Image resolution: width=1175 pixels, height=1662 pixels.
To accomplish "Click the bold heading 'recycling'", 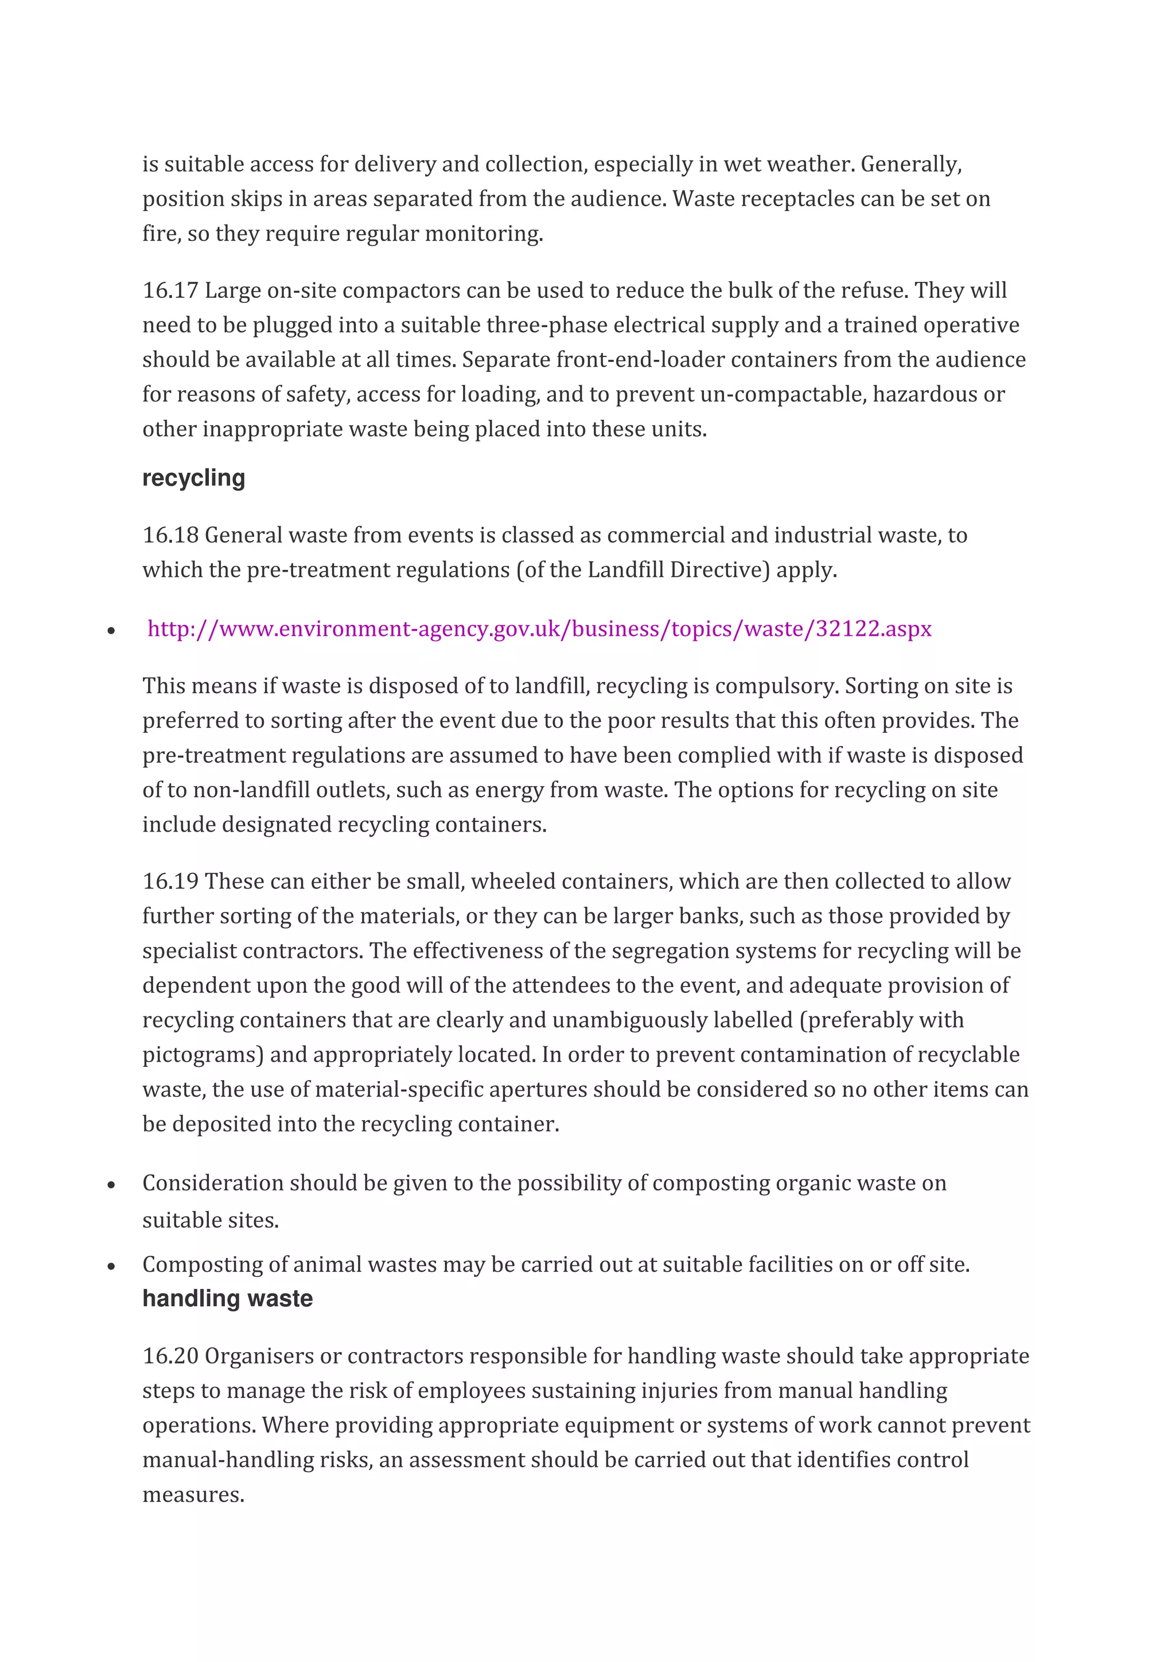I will click(x=193, y=479).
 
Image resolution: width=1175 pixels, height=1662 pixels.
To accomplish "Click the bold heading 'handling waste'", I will click(x=227, y=1299).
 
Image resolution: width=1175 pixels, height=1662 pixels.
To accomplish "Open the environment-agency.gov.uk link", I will click(x=539, y=628).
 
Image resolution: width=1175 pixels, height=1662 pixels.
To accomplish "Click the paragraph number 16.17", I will click(x=170, y=290).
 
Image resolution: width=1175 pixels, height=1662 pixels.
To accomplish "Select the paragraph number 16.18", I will click(x=170, y=535).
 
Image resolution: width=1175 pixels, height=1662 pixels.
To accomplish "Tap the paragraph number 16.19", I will click(x=170, y=881).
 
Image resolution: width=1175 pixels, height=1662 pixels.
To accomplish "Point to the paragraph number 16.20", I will click(x=170, y=1356).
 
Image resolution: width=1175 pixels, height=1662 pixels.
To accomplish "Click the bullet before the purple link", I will click(x=111, y=631).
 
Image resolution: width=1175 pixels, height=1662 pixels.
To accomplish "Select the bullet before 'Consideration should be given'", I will click(x=111, y=1186).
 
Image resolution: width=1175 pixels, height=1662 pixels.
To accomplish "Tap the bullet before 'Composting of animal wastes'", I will click(x=111, y=1267).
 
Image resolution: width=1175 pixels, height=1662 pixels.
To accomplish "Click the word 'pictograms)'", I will click(x=203, y=1055).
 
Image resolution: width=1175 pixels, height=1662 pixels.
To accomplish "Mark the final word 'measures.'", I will click(x=193, y=1495).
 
